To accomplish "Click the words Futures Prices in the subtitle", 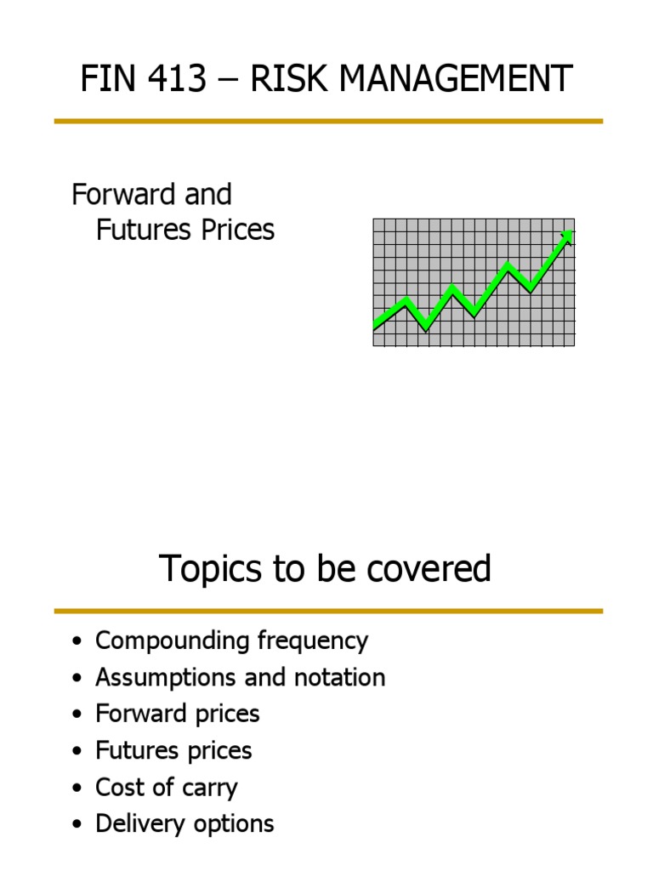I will point(185,230).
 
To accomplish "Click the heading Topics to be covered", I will point(326,569).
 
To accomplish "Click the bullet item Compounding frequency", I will point(231,641).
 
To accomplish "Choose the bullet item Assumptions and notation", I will point(240,678).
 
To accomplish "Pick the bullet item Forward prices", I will point(178,714).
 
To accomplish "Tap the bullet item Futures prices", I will point(173,750).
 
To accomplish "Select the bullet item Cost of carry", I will point(167,787).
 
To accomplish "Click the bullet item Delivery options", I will point(185,823).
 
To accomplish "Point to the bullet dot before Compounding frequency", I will point(78,642).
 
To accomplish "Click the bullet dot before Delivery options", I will point(78,824).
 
